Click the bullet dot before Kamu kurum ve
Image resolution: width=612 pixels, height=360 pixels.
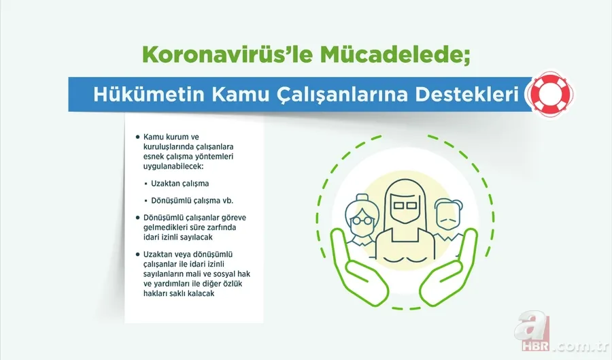click(137, 137)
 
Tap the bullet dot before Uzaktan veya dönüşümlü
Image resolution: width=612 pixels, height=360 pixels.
click(137, 255)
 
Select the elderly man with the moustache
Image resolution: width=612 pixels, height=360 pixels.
click(446, 217)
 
